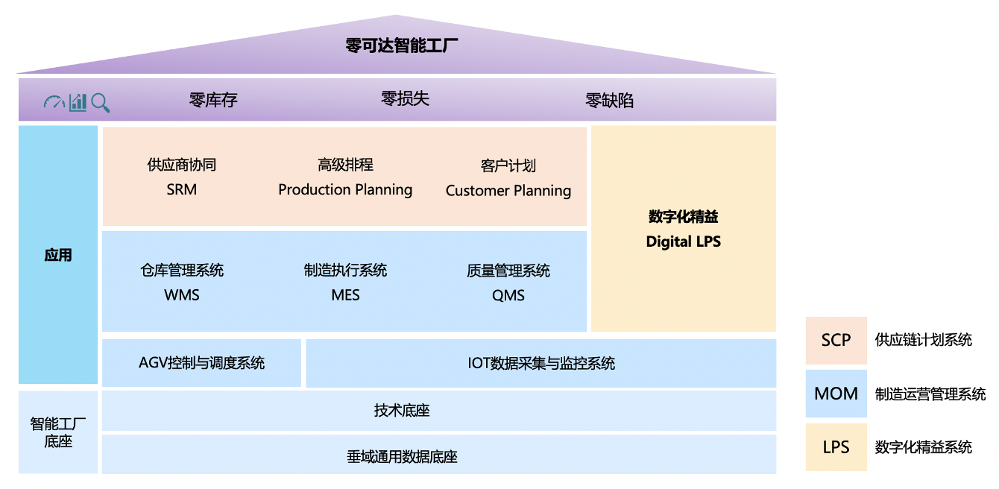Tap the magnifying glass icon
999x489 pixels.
click(101, 103)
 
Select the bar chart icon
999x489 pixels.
click(78, 102)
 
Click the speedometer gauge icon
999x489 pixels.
click(54, 102)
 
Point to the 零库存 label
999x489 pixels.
click(213, 100)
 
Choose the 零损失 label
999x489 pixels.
click(405, 99)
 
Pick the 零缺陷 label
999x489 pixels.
click(609, 101)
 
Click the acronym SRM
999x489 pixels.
click(182, 189)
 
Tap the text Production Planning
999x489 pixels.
click(345, 189)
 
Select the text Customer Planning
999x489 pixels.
click(508, 191)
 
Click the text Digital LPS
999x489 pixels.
click(683, 242)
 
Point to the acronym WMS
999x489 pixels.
click(182, 295)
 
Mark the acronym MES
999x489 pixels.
click(345, 295)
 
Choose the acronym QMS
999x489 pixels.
click(508, 295)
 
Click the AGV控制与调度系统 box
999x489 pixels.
click(201, 363)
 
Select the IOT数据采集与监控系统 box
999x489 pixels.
click(541, 363)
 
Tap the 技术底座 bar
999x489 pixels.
click(438, 411)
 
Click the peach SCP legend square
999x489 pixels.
click(836, 340)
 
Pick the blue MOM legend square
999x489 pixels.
click(836, 393)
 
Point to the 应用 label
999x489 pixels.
click(58, 255)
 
